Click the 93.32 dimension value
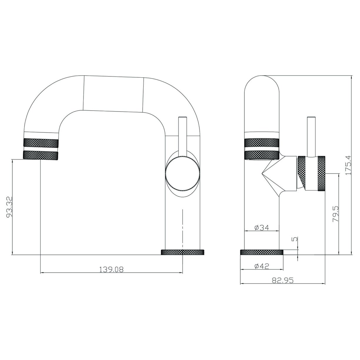click(x=9, y=208)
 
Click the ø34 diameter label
click(x=261, y=227)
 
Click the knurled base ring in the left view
click(x=182, y=252)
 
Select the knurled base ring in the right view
click(x=262, y=252)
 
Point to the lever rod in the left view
click(x=183, y=132)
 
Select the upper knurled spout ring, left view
click(x=41, y=143)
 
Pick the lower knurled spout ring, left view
click(x=41, y=155)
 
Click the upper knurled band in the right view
click(x=261, y=143)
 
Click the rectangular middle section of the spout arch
click(x=114, y=93)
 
